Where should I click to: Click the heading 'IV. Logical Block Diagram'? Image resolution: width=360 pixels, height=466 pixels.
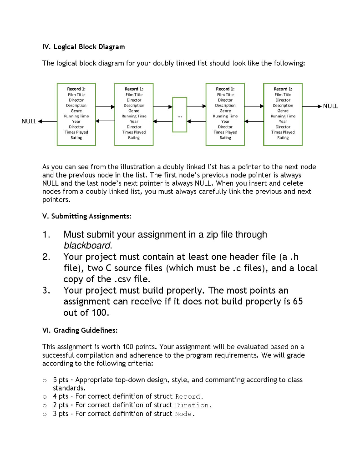83,47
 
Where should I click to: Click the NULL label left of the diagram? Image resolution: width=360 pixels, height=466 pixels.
29,122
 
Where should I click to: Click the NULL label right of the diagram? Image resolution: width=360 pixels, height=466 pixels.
330,106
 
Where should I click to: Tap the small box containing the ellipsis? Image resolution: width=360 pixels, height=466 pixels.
180,115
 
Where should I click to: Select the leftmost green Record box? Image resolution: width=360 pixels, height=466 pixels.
76,114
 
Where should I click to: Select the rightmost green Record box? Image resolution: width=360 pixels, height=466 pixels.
283,114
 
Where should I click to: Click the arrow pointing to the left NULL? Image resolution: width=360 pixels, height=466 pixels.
47,122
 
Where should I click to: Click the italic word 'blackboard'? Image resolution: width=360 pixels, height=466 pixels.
87,246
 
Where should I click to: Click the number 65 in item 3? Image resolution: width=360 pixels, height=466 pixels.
297,302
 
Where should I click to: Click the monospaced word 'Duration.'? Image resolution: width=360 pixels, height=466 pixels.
193,405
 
